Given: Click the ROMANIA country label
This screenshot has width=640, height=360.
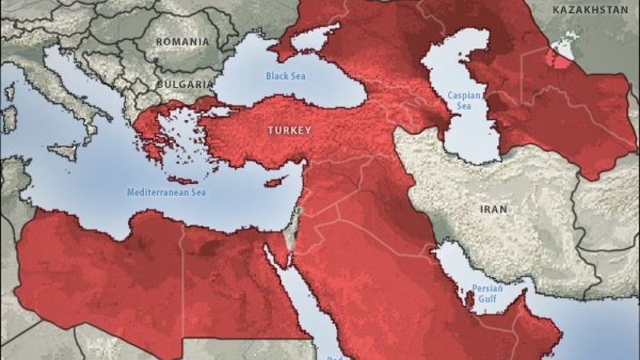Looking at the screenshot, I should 182,41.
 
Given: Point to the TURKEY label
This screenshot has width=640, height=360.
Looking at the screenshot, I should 290,129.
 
